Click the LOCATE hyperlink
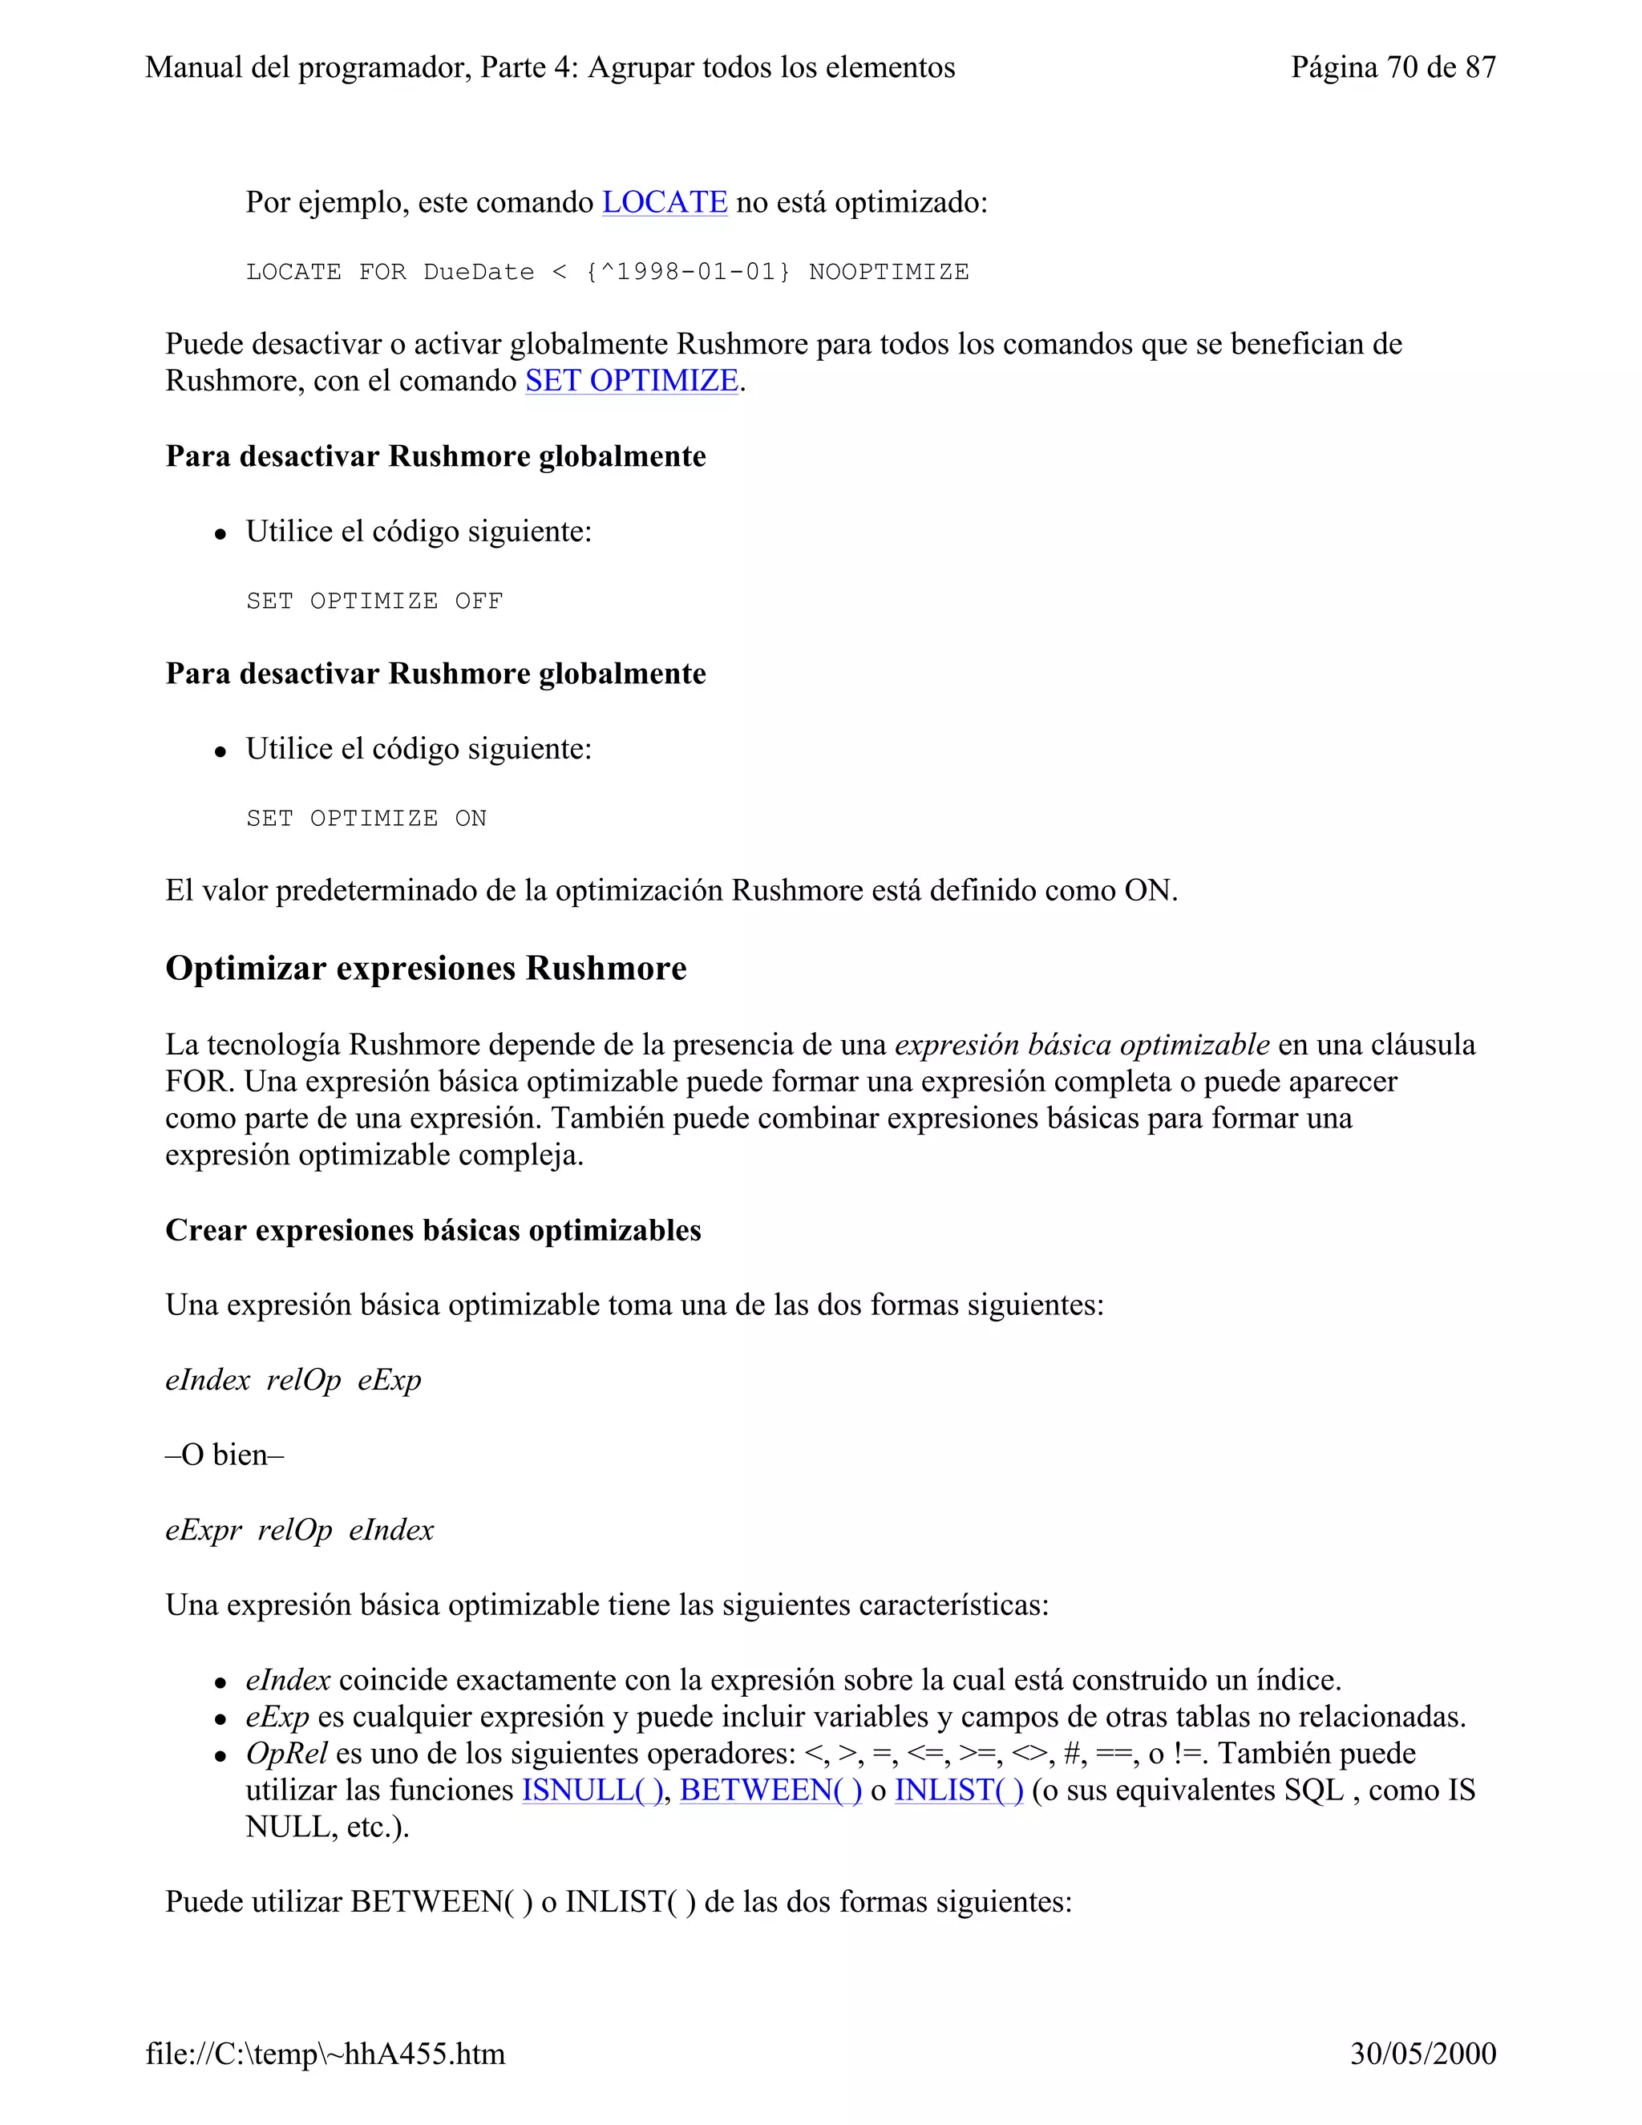pos(665,202)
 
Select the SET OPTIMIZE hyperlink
pos(631,380)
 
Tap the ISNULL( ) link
pos(592,1791)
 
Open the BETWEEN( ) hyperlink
pos(770,1791)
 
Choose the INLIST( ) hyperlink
pos(959,1791)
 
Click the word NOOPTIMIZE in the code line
pos(888,273)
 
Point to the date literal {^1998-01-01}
pos(688,273)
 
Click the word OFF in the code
pos(479,601)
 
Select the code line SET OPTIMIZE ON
pos(366,818)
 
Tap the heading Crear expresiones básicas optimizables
pos(433,1231)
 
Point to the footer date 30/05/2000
pos(1422,2054)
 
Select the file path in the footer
pos(325,2054)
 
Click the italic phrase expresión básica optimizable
pos(1082,1045)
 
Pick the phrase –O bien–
pos(224,1455)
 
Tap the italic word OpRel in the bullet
pos(286,1753)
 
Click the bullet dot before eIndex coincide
pos(222,1682)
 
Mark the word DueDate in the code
pos(479,273)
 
